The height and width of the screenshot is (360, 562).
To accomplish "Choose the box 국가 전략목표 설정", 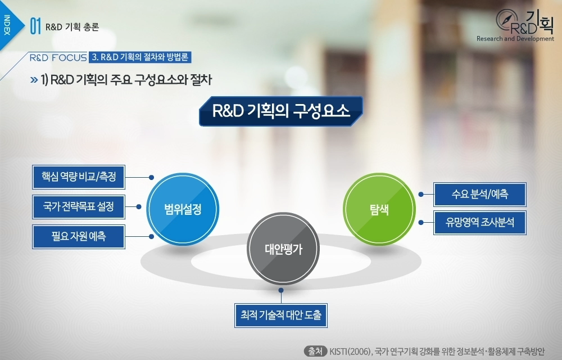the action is click(x=78, y=206).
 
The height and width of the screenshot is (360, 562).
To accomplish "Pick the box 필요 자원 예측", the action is click(x=78, y=236).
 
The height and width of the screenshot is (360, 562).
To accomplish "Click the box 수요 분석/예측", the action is click(x=479, y=194).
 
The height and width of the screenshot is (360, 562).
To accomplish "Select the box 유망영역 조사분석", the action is click(x=479, y=222).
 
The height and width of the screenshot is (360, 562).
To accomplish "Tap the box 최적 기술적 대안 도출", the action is click(x=280, y=316).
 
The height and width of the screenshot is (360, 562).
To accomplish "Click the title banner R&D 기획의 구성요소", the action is click(x=281, y=110).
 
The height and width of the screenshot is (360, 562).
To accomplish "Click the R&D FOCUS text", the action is click(x=58, y=57).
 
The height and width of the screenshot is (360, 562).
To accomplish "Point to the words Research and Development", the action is click(x=515, y=39).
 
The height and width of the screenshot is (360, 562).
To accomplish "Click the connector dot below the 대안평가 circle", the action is click(x=280, y=290).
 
